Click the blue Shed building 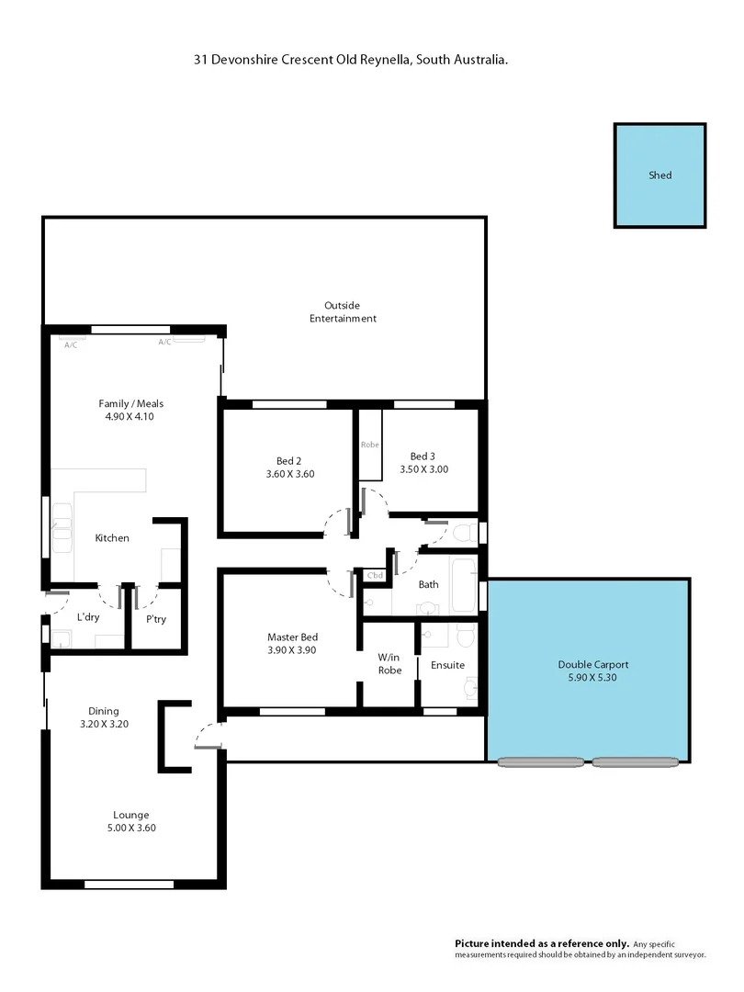[660, 175]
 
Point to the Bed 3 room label [423, 456]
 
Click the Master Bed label [292, 637]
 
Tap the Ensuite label [447, 665]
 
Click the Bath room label [428, 584]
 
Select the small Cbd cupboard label [375, 576]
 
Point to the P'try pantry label [156, 618]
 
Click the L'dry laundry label [88, 616]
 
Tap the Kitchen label [112, 537]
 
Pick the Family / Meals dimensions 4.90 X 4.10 [130, 417]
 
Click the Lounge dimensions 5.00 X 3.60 [130, 828]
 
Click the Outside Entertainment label [342, 311]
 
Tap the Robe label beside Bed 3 [369, 444]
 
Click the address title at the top [351, 59]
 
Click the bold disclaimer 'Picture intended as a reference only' [542, 943]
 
